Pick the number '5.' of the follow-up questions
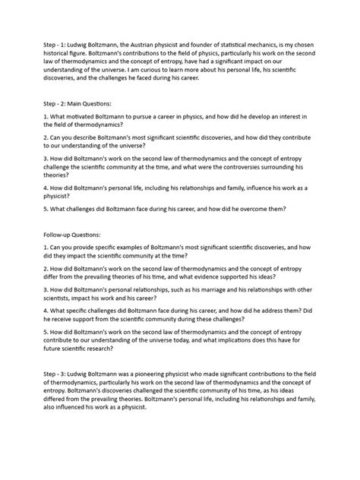point(47,333)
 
